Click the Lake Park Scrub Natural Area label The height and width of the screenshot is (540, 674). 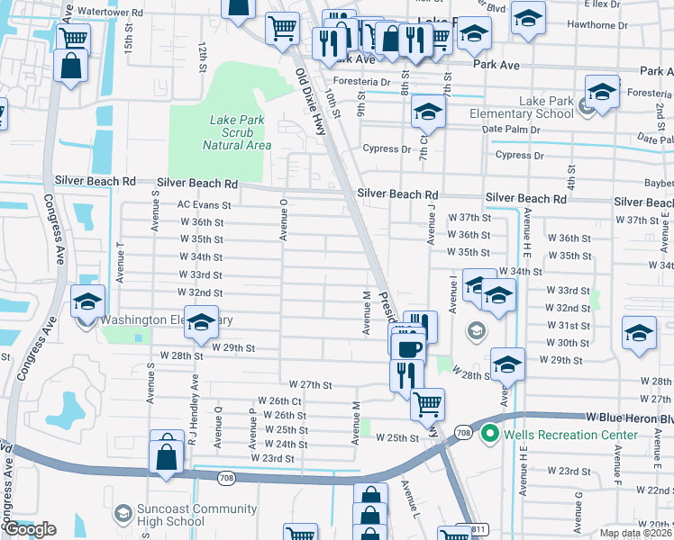pos(238,132)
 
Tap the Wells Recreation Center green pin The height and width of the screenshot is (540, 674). pos(491,435)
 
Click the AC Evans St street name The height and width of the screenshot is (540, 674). pos(205,205)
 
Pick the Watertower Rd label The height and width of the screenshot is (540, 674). pos(111,13)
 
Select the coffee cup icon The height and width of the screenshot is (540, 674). pos(410,346)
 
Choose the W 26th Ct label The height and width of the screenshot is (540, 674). pos(278,400)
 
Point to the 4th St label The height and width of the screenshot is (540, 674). pos(570,171)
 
